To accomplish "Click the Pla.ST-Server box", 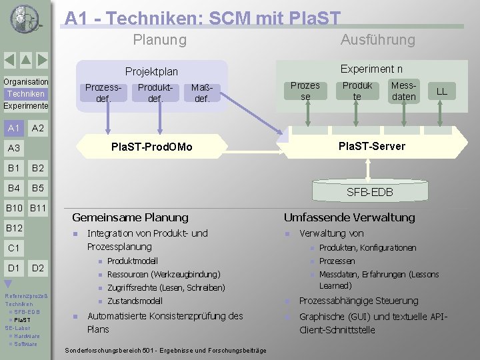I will [371, 146].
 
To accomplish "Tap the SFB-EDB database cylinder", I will [369, 192].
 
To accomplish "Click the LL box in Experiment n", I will [441, 91].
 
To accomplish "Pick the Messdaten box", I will [403, 91].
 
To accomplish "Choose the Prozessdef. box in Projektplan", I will [103, 93].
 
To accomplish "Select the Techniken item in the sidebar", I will [25, 94].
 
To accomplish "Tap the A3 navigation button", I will [14, 148].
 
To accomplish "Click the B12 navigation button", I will [14, 228].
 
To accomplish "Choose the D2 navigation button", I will [38, 268].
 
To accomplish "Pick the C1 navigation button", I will [14, 248].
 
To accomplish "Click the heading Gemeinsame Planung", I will [130, 217].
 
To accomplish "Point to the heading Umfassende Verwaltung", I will [349, 217].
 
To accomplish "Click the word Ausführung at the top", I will [377, 40].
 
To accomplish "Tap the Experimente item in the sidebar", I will [25, 106].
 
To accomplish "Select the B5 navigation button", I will [38, 188].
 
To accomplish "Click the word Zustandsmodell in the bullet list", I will [135, 301].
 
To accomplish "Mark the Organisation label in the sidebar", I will [25, 82].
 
